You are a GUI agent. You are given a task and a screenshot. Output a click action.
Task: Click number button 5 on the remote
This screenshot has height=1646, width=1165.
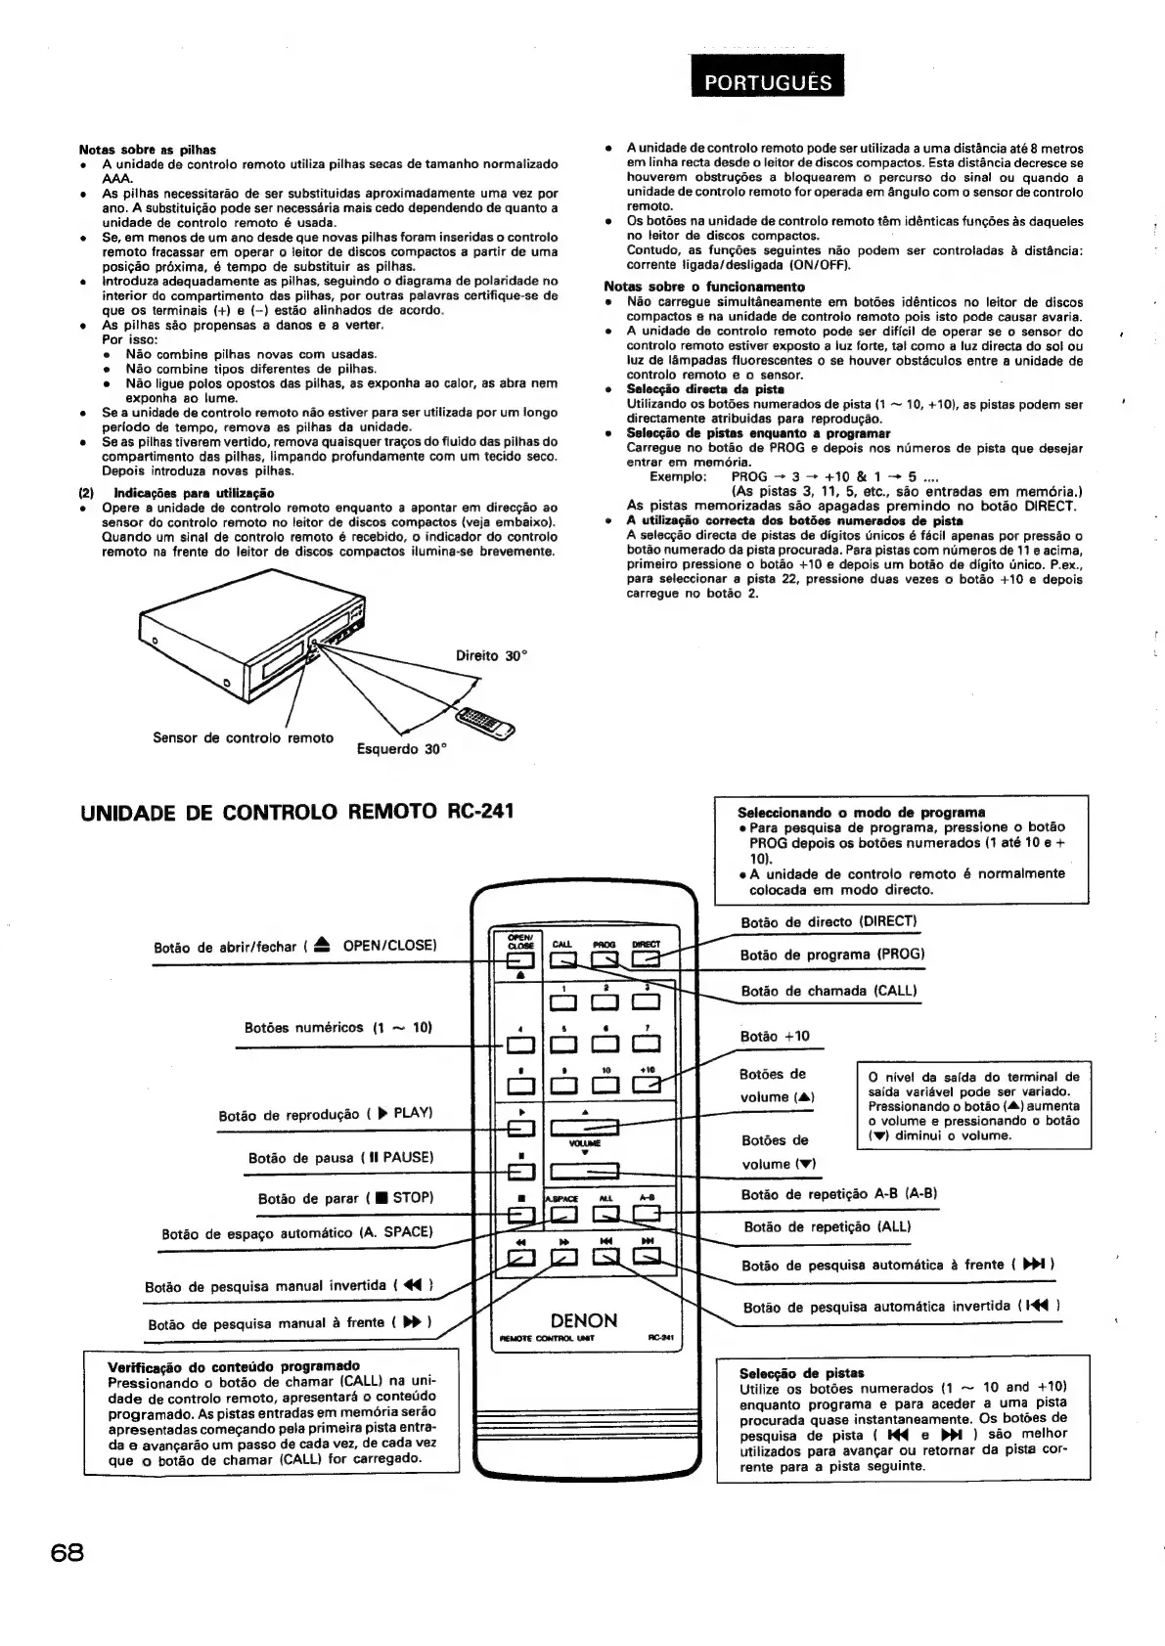563,1045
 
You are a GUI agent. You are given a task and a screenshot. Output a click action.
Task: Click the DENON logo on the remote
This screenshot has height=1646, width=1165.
583,1320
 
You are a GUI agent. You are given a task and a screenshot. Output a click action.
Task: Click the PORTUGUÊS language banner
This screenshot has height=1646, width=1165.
767,82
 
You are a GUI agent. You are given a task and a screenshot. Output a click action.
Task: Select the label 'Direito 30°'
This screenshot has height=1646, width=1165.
492,656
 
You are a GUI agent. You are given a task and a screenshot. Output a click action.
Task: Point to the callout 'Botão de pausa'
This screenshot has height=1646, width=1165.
339,1158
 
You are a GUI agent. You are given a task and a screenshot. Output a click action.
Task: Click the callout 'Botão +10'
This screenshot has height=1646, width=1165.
775,1037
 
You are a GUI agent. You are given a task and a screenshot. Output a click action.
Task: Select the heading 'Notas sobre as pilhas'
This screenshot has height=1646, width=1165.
147,150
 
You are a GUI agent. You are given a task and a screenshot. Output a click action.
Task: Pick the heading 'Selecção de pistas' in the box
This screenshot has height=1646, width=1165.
801,1373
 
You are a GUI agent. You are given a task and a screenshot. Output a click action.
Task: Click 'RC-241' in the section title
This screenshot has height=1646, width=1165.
473,811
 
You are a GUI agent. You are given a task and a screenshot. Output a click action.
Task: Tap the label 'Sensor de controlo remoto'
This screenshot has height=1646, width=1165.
243,737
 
